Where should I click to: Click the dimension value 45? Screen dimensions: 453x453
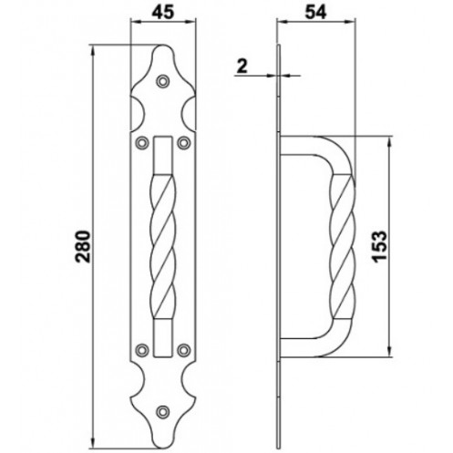click(163, 13)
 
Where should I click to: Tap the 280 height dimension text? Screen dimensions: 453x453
click(83, 247)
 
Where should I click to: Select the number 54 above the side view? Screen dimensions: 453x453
click(315, 13)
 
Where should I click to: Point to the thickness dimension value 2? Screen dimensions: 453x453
click(242, 66)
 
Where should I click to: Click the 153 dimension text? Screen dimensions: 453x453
click(379, 246)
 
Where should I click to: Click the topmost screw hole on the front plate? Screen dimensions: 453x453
click(163, 81)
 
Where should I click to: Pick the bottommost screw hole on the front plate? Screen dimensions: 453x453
click(163, 412)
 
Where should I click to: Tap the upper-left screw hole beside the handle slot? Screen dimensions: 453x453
click(142, 142)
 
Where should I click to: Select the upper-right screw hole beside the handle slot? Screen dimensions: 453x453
click(184, 142)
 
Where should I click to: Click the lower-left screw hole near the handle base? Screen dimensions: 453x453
click(142, 350)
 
